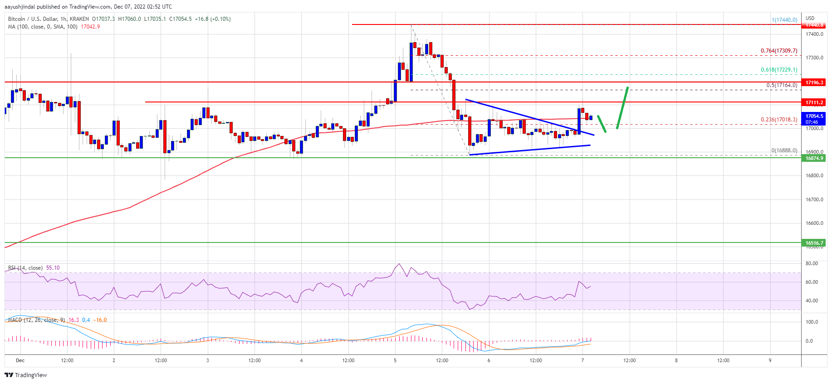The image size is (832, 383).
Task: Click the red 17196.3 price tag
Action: point(814,82)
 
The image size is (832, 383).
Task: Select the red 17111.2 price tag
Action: point(814,102)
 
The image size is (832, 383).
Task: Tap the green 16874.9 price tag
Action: point(814,158)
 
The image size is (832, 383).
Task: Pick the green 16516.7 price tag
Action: point(814,243)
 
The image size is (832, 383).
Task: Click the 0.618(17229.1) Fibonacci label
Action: point(778,70)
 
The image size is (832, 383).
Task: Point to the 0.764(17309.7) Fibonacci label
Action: point(778,51)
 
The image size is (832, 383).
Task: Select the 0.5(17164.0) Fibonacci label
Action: point(781,85)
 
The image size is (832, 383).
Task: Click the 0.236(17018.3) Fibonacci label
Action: point(778,120)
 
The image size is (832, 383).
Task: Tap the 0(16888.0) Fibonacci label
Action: point(784,150)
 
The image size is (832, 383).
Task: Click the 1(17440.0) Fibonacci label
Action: point(784,20)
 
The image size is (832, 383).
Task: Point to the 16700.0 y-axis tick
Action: point(814,199)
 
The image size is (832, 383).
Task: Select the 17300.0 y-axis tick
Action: point(814,58)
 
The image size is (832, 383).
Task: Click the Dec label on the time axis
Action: point(20,360)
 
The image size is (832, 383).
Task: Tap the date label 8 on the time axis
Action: point(676,360)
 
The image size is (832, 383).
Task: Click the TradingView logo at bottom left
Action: point(26,375)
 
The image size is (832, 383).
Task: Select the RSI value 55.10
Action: point(53,268)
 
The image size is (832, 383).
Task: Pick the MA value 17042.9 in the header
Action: point(90,27)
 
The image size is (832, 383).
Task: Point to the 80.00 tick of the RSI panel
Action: point(811,263)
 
